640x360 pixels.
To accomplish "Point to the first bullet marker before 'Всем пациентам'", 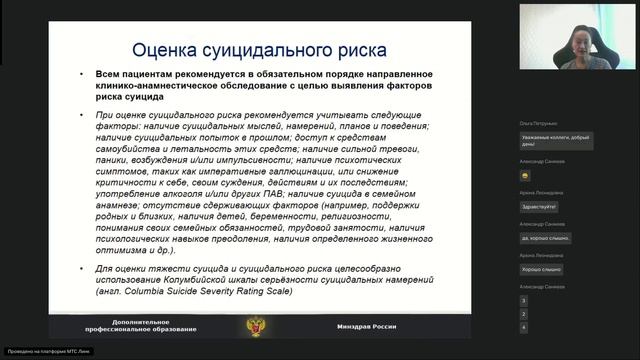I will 84,75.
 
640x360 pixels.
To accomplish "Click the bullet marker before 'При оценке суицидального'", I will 84,115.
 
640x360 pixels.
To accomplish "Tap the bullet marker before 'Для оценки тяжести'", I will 84,270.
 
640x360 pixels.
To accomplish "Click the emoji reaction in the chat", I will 525,174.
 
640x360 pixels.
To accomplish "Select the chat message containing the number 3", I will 524,300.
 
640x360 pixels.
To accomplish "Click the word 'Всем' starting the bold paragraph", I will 110,75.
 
